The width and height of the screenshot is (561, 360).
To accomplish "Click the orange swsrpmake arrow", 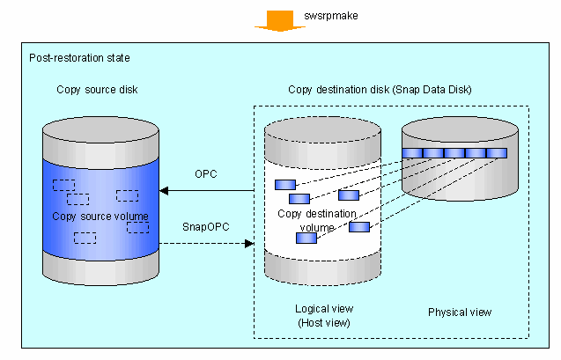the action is pos(280,21).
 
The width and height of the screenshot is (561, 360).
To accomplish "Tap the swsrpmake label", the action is pos(331,16).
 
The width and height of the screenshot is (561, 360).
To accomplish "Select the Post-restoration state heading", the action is pos(79,58).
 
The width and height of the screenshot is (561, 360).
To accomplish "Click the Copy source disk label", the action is pos(97,90).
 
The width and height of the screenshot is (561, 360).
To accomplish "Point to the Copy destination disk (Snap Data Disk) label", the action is pos(380,90).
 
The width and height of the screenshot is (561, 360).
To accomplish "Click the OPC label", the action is pos(206,174).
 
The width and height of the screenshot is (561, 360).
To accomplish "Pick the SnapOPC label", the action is pos(206,227).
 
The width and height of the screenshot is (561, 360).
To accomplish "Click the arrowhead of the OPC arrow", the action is pos(164,190).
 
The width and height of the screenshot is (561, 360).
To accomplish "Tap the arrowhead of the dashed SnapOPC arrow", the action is pos(249,244).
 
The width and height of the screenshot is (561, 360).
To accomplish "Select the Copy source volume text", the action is pos(100,217).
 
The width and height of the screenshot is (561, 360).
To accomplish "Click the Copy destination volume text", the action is pos(317,221).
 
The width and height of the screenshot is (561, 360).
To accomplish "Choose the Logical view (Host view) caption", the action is pos(324,316).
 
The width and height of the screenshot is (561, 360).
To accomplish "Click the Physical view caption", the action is pos(460,312).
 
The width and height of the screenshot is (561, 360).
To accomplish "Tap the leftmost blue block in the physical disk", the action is pos(412,153).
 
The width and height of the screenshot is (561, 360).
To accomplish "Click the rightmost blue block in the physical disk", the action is pos(497,153).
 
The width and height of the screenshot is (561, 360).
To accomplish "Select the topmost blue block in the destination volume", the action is pos(285,185).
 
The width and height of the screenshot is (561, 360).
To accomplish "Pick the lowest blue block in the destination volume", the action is pos(306,239).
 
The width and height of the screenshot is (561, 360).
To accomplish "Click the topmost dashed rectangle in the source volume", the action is pos(63,185).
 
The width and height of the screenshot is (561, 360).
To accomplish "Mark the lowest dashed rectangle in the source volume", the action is pos(85,238).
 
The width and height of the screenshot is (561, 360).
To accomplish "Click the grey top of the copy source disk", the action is pos(100,129).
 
